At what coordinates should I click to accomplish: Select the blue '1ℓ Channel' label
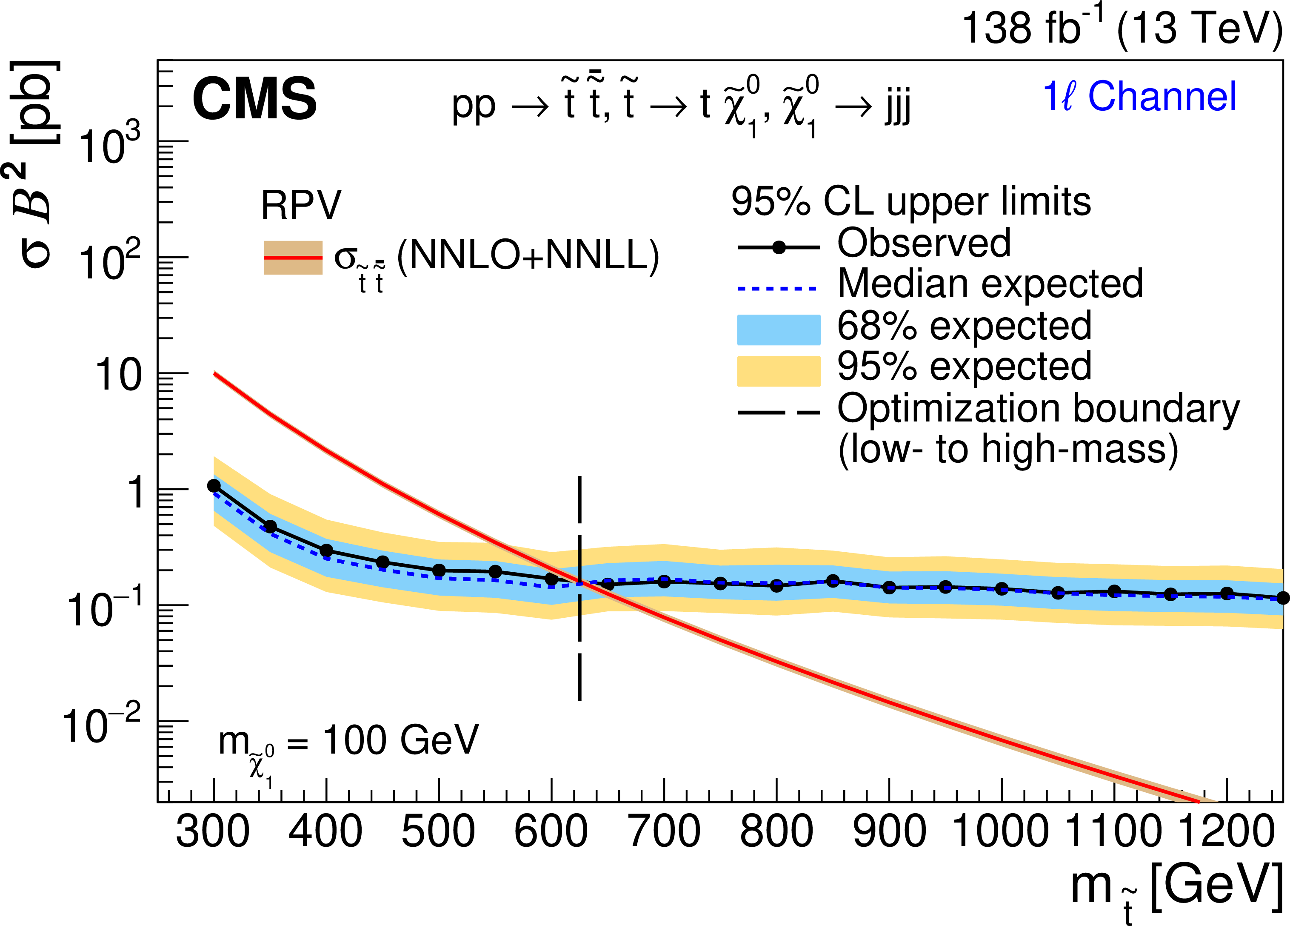tap(1139, 96)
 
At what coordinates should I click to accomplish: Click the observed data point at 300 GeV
tap(214, 485)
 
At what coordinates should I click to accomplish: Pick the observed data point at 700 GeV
tap(664, 582)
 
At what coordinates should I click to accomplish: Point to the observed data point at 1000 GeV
tap(1002, 588)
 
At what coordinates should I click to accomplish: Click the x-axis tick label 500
tap(438, 832)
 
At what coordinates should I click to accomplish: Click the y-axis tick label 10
tap(118, 376)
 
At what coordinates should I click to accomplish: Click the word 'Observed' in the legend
tap(924, 243)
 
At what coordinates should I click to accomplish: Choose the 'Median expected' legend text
tap(990, 284)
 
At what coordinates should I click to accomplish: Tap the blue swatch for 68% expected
tap(779, 330)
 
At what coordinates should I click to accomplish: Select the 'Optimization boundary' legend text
tap(1038, 409)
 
